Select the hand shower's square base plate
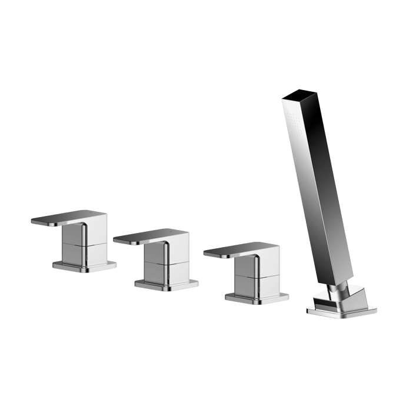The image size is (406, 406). [x=330, y=311]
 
